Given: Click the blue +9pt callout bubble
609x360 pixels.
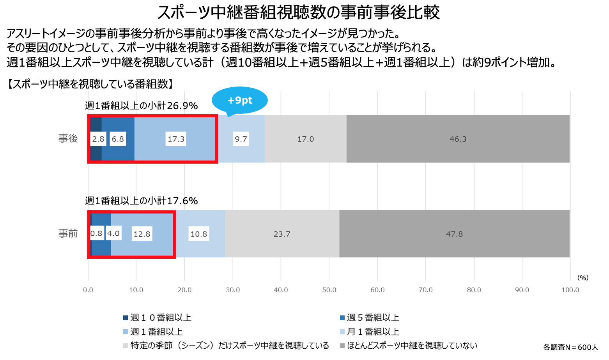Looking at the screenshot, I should pyautogui.click(x=239, y=101).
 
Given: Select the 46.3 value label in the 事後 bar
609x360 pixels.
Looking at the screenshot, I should pyautogui.click(x=458, y=139).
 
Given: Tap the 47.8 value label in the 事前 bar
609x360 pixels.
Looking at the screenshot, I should pyautogui.click(x=454, y=234).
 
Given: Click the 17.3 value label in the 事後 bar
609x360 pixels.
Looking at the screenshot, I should pyautogui.click(x=176, y=139).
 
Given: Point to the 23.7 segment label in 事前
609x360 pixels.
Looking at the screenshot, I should pyautogui.click(x=281, y=234).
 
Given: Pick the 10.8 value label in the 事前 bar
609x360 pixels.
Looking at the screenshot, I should pyautogui.click(x=198, y=234).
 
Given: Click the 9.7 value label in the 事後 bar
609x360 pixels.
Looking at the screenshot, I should pyautogui.click(x=241, y=139).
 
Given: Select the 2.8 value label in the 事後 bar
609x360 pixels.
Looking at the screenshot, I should pyautogui.click(x=98, y=139).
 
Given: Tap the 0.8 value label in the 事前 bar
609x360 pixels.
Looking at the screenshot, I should pyautogui.click(x=96, y=233).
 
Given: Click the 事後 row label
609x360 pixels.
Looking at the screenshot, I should pyautogui.click(x=68, y=138).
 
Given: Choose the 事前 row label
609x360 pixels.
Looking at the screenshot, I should pyautogui.click(x=68, y=233).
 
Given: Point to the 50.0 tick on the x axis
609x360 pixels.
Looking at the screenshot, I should pyautogui.click(x=329, y=290).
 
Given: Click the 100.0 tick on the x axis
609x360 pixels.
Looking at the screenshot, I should pyautogui.click(x=570, y=290).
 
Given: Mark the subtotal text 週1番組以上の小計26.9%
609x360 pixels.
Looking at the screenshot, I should pyautogui.click(x=141, y=106).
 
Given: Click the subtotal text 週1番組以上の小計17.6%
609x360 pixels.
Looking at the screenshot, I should pyautogui.click(x=141, y=201).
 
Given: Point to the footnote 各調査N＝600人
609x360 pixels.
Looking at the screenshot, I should pyautogui.click(x=570, y=347).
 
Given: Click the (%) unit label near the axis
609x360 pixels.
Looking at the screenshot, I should pyautogui.click(x=582, y=278).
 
